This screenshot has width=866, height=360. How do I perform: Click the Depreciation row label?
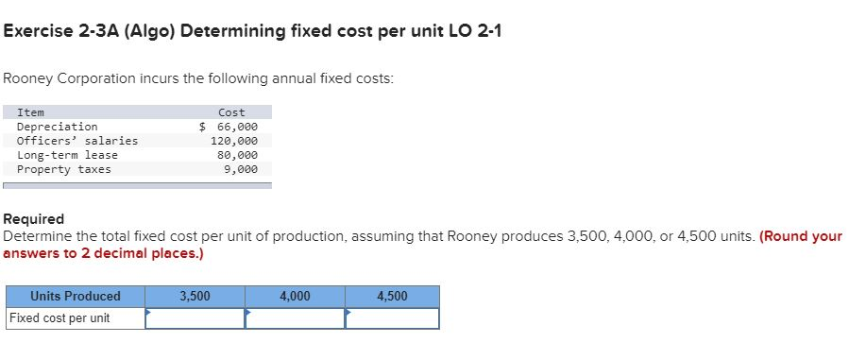57,127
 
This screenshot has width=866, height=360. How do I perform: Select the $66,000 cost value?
229,127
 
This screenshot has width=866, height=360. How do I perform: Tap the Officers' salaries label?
77,141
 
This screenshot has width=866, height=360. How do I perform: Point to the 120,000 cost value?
233,141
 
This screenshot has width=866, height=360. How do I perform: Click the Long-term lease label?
67,155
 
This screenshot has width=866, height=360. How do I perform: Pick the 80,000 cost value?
237,155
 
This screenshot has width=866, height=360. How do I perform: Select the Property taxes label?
63,169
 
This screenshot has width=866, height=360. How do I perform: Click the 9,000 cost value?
240,169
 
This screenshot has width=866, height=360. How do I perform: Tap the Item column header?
30,112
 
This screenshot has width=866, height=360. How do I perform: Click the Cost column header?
231,112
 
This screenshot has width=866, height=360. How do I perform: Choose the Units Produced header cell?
76,297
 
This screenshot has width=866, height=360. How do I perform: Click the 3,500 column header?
195,297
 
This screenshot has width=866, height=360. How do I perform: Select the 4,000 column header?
295,297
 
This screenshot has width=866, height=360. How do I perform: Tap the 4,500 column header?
392,297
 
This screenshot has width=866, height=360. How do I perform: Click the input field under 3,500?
195,318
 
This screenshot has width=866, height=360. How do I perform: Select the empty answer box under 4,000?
295,318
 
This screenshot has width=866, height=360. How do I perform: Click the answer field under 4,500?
392,318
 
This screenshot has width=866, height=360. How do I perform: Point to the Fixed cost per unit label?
59,318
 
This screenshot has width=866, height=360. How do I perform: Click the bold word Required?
34,219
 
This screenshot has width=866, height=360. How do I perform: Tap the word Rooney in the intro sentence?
26,78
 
